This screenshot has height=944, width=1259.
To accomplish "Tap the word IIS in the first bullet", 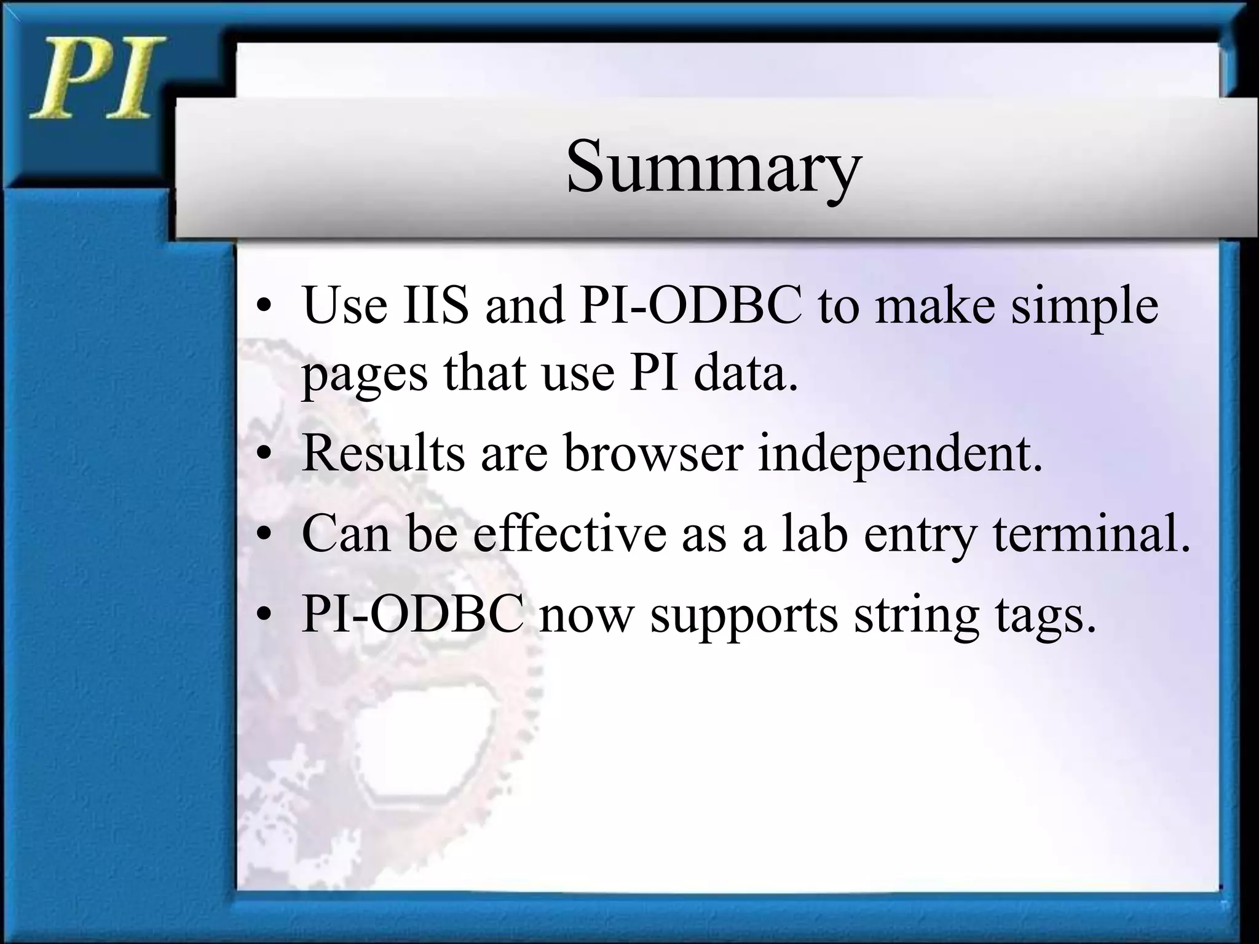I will click(x=435, y=306).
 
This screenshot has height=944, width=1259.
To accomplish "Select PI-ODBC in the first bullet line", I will click(x=690, y=306).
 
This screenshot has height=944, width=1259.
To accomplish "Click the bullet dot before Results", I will click(x=264, y=456).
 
